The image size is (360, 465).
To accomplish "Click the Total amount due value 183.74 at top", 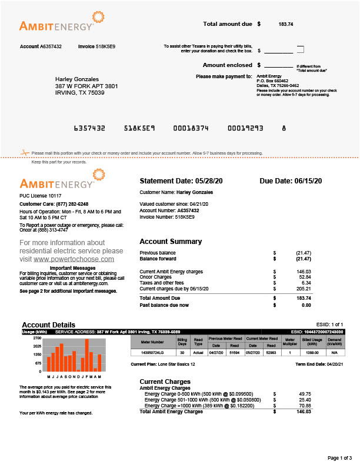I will (x=286, y=25).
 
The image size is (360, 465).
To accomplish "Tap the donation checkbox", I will (x=301, y=49).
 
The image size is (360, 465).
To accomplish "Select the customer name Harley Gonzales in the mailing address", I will (x=77, y=79).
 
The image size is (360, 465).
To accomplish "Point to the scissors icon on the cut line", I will (x=24, y=153).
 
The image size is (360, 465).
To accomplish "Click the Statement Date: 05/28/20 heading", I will (x=182, y=180).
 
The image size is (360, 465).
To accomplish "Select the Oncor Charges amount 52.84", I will (x=304, y=276).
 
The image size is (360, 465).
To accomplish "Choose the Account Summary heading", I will (x=171, y=242).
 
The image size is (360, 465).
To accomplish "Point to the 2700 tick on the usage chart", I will (x=36, y=339).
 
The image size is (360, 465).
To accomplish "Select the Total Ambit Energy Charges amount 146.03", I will (x=304, y=412).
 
